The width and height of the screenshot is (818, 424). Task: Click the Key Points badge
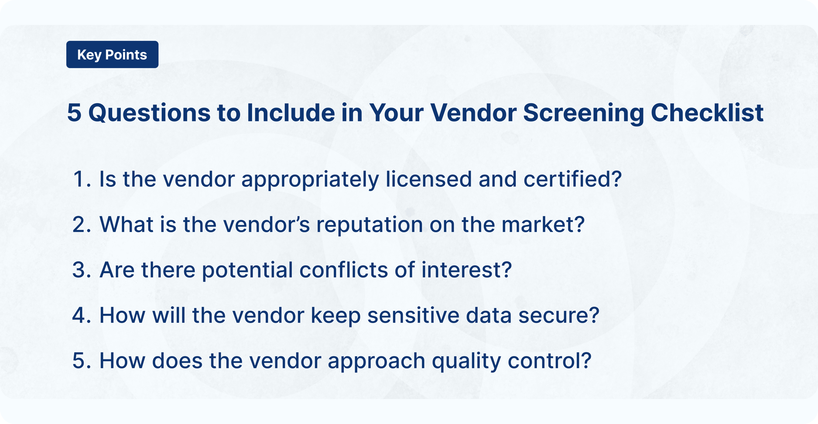tap(112, 55)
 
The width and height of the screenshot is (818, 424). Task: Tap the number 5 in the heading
tap(74, 113)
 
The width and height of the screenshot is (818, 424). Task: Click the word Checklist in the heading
tap(707, 113)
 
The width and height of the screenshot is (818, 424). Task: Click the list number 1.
tap(79, 179)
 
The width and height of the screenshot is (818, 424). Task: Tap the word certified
tap(572, 179)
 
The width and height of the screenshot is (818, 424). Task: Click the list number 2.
tap(80, 225)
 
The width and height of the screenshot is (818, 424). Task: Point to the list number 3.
tap(80, 270)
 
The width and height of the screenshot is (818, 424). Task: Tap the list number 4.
tap(80, 315)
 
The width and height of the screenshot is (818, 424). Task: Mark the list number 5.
tap(80, 361)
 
